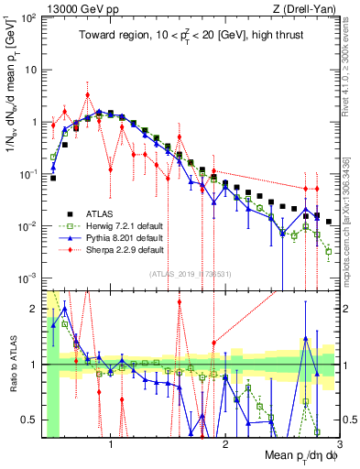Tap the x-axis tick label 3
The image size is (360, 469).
click(338, 443)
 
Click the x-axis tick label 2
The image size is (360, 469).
click(225, 443)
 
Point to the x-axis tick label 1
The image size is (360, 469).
click(112, 443)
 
